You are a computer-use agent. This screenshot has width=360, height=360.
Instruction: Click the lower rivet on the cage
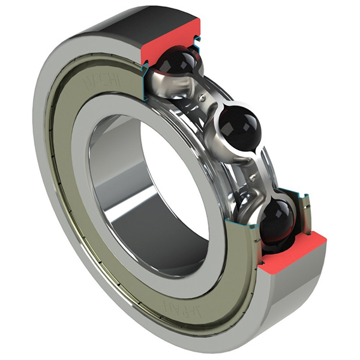[256, 173]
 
